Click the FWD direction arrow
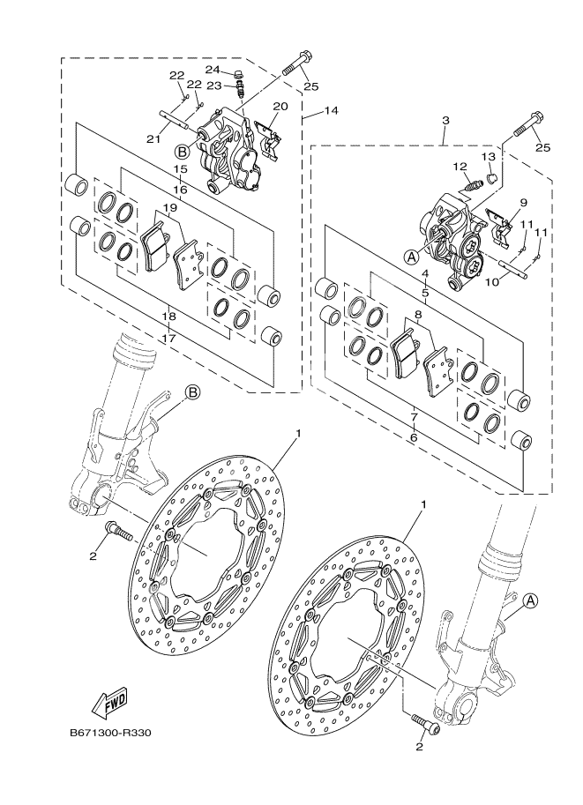105,704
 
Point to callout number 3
446,121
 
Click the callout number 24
213,70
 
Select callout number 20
280,108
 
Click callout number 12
460,166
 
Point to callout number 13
487,156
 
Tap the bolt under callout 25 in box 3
526,127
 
